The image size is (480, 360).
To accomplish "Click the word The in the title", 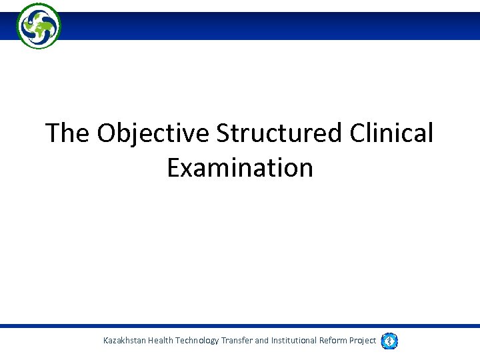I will (x=67, y=133).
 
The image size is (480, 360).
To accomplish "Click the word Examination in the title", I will (x=240, y=167).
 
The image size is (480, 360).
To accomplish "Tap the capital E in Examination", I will (x=173, y=167).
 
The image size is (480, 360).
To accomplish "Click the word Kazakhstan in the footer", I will (x=125, y=341).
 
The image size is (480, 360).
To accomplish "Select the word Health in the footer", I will (x=164, y=341).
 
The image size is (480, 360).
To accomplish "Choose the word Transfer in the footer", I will (x=237, y=341).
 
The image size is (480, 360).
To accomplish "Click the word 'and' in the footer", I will (x=262, y=341).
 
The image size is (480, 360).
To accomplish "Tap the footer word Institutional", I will (x=294, y=341).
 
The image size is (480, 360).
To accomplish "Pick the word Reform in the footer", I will (x=333, y=341).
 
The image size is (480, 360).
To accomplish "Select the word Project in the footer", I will (x=363, y=341).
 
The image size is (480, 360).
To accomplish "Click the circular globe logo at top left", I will (x=39, y=26).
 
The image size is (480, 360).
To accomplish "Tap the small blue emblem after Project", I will (x=389, y=341).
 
